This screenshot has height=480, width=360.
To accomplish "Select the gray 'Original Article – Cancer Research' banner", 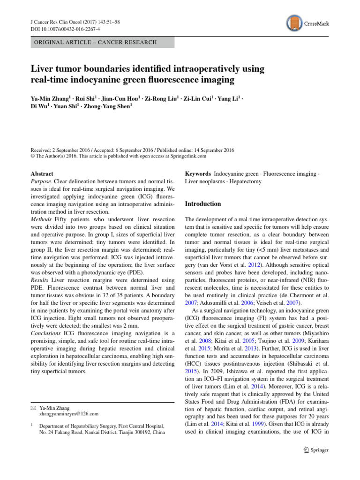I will point(102,42).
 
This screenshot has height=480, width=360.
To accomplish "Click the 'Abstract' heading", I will point(42,173).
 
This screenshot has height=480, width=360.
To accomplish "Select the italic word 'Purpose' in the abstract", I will point(40,181).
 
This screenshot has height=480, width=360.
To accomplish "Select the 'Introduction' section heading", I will point(203,204).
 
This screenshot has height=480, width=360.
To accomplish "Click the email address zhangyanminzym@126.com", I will point(69,414).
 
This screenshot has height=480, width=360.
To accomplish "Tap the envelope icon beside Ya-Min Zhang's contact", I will point(33,408).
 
